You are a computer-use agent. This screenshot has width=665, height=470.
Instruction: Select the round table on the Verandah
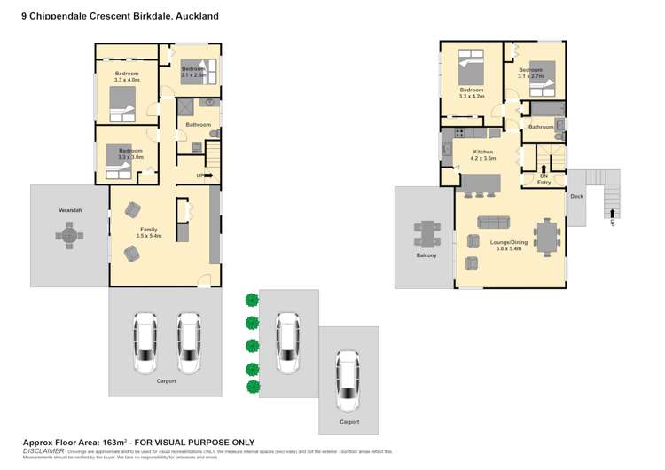68,236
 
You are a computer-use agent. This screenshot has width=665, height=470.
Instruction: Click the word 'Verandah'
70,210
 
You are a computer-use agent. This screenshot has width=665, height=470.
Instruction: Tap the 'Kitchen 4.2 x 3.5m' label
482,155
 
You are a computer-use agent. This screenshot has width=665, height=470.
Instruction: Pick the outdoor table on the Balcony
426,234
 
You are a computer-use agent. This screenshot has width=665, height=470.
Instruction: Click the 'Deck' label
576,197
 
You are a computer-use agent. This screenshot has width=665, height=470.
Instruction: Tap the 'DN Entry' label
544,178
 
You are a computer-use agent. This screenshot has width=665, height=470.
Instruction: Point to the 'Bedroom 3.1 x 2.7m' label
530,73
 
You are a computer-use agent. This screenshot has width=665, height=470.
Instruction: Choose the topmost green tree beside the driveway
252,301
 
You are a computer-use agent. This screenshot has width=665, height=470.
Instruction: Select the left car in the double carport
144,341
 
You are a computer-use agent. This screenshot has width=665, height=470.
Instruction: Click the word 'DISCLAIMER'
43,450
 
